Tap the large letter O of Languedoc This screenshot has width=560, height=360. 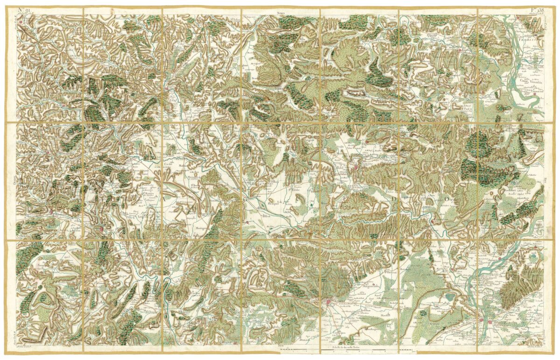pyautogui.click(x=446, y=199)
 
